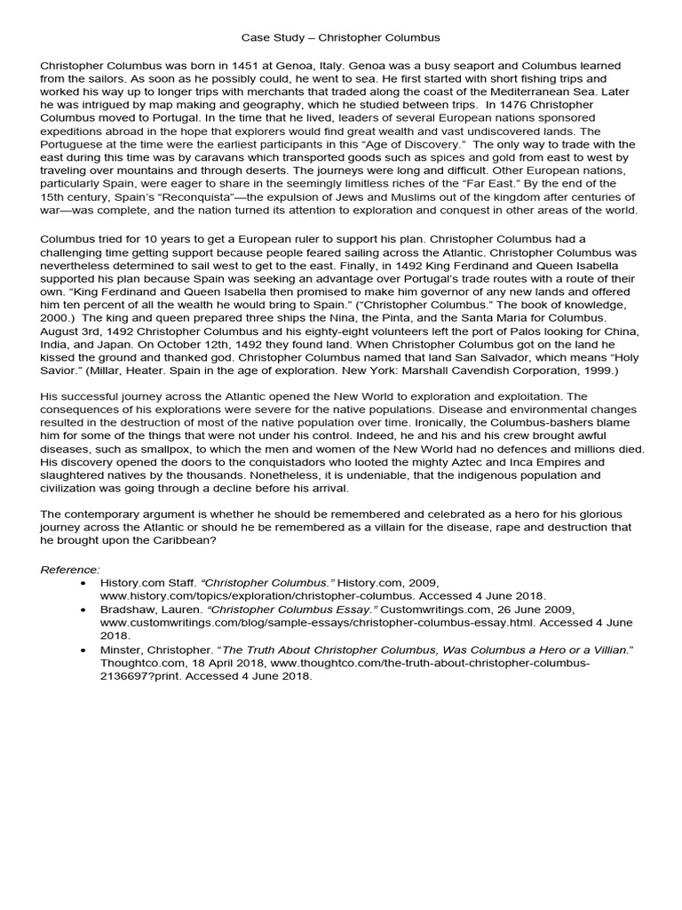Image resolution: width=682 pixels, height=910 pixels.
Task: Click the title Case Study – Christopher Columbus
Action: (341, 38)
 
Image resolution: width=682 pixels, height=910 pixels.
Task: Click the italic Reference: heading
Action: (71, 568)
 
